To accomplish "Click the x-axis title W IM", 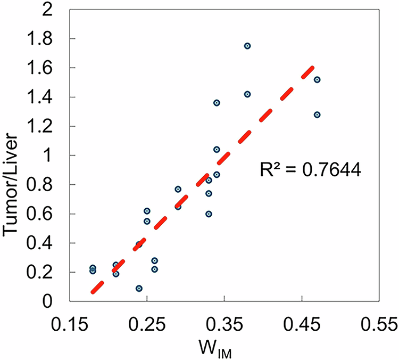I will [x=225, y=349].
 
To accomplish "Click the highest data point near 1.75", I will [x=247, y=46].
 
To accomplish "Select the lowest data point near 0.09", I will [x=139, y=288].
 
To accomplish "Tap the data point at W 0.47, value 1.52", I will [x=317, y=79].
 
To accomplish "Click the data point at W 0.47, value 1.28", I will [x=317, y=114].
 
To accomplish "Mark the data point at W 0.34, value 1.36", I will [x=217, y=103].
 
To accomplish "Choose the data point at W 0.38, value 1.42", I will [x=247, y=94].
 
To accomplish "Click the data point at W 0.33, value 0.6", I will [x=209, y=214].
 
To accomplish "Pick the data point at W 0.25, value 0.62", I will [x=147, y=211].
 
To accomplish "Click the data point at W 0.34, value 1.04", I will [x=217, y=149].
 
